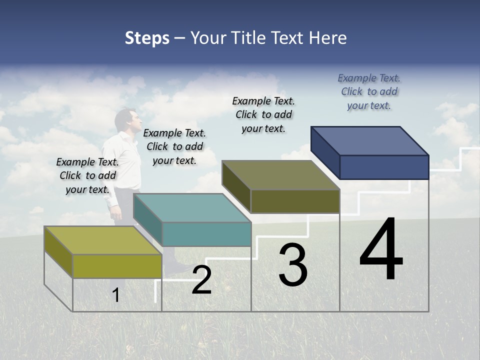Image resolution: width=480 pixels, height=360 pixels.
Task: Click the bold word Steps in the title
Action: [147, 38]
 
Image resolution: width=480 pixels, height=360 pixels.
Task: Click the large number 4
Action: [381, 250]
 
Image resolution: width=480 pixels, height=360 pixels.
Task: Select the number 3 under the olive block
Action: [293, 265]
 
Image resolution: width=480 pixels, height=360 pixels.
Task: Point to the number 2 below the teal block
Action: [201, 280]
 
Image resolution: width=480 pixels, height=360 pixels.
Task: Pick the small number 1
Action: [115, 295]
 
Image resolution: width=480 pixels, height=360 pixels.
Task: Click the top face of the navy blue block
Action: [369, 140]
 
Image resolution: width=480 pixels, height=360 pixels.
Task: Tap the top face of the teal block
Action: [192, 208]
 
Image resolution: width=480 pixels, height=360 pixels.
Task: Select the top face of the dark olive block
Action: [280, 175]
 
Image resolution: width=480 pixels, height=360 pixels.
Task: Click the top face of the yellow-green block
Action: [103, 240]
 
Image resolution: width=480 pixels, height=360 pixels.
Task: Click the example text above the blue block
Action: [369, 91]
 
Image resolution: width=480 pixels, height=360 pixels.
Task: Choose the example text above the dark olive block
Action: [263, 114]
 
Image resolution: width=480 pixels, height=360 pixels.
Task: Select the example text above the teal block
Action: [174, 146]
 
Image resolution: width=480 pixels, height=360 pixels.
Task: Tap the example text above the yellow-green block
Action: [87, 175]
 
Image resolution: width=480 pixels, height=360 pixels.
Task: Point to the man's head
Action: [125, 119]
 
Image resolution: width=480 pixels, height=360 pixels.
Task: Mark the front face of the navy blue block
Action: [384, 167]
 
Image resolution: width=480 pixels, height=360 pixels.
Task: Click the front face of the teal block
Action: [206, 234]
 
